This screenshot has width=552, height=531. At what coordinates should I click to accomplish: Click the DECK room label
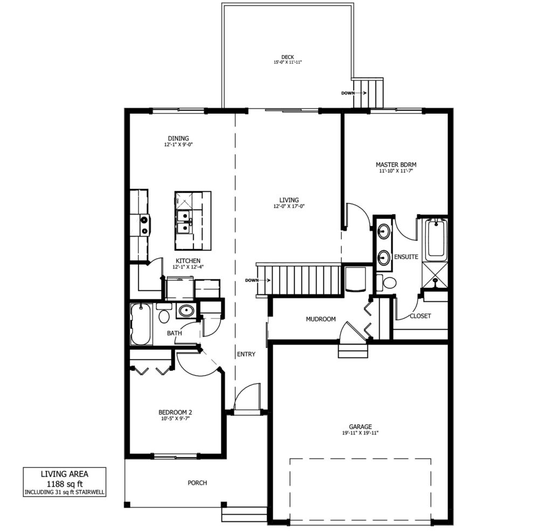click(x=287, y=57)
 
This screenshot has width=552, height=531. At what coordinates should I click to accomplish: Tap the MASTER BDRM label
click(x=396, y=164)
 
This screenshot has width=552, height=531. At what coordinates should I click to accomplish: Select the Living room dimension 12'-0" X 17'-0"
click(x=289, y=206)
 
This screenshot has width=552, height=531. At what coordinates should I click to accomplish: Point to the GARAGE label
click(x=361, y=427)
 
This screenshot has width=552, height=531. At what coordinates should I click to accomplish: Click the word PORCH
click(x=197, y=483)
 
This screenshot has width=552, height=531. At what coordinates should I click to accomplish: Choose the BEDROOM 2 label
click(x=175, y=412)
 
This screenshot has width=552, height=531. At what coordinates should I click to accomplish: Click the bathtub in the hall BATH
click(x=141, y=324)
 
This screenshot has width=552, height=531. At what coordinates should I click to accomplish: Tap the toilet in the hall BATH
click(x=163, y=313)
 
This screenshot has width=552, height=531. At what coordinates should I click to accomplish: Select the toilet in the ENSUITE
click(x=387, y=282)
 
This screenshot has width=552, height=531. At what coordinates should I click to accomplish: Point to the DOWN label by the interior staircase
click(x=252, y=280)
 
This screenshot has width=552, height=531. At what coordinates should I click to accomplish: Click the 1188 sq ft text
click(x=65, y=484)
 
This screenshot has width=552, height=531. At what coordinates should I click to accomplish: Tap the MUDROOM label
click(x=321, y=319)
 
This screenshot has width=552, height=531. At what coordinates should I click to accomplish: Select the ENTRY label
click(x=246, y=354)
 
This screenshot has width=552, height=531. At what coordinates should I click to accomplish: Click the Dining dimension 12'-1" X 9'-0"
click(x=178, y=144)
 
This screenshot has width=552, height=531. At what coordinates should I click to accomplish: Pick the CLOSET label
click(x=420, y=316)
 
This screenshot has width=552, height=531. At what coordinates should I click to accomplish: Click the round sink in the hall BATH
click(x=186, y=311)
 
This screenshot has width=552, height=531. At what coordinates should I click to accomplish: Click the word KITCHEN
click(x=188, y=260)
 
